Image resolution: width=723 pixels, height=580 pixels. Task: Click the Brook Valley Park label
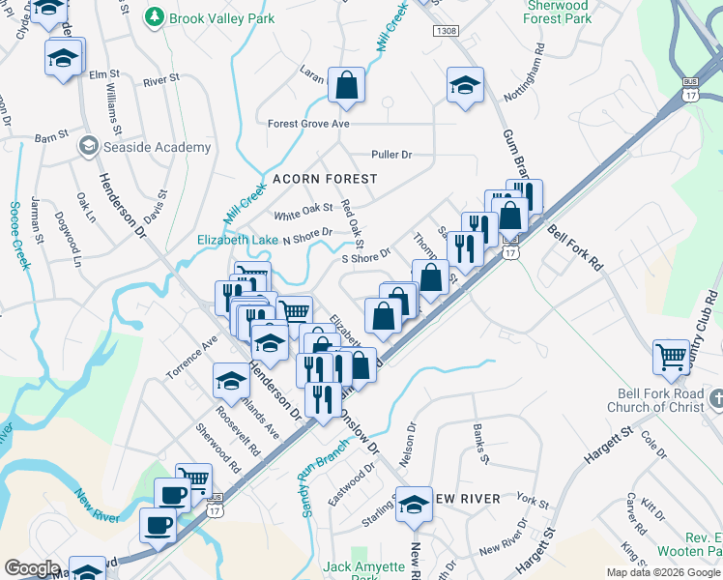click(x=221, y=18)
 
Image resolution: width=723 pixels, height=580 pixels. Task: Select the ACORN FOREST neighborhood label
click(x=310, y=179)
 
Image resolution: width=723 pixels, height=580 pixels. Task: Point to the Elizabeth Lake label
click(x=238, y=240)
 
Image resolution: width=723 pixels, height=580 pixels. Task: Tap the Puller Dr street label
click(x=391, y=155)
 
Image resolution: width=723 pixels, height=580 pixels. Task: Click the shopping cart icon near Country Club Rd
click(x=670, y=357)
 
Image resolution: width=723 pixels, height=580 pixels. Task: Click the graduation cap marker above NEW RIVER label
click(x=415, y=505)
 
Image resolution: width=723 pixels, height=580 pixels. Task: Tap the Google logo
click(x=33, y=568)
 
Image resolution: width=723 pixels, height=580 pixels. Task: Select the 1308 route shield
click(x=446, y=31)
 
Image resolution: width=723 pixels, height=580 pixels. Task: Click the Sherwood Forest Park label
click(x=558, y=12)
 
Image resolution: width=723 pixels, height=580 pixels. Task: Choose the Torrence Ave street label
click(x=191, y=358)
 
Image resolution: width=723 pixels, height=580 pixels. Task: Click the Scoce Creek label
click(x=18, y=236)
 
